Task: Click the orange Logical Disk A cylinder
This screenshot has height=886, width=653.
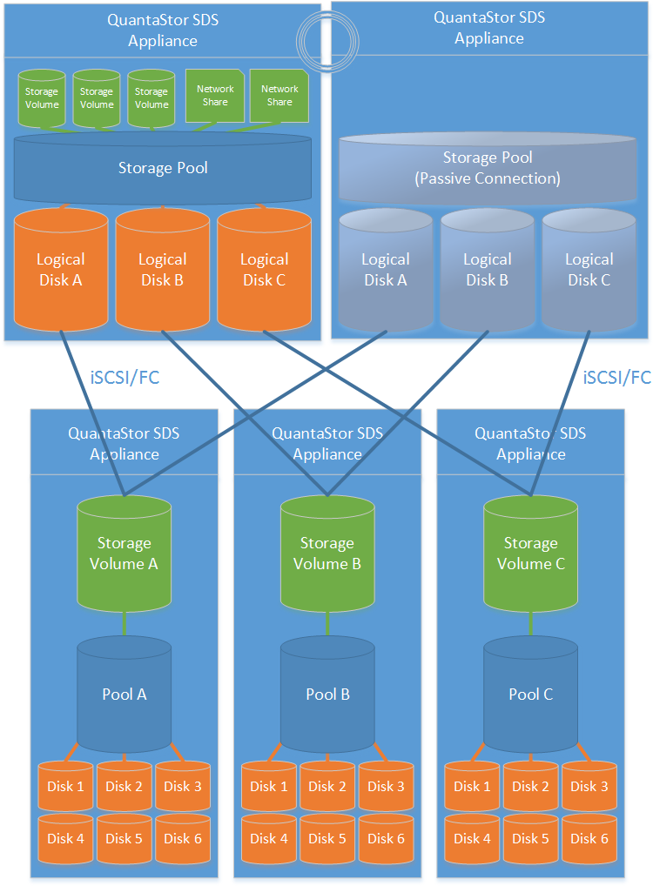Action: tap(61, 270)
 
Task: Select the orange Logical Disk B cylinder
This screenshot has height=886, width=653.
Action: tap(163, 270)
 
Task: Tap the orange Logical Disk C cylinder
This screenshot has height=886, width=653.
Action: tap(264, 270)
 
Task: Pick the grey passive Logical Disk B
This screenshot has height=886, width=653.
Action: tap(487, 270)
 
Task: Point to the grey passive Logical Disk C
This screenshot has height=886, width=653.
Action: tap(589, 270)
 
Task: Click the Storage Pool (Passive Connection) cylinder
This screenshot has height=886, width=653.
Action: tap(488, 168)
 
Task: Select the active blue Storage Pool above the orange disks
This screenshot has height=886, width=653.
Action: tap(163, 167)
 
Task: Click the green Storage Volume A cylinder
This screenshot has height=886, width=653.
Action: tap(124, 554)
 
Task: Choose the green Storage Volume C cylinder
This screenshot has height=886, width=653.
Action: tap(530, 554)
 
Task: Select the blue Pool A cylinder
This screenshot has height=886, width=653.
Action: tap(124, 694)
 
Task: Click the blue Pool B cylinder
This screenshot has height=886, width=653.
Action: tap(327, 694)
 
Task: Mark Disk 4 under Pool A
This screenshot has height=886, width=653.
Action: tap(66, 838)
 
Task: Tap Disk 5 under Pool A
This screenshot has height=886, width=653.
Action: tap(124, 838)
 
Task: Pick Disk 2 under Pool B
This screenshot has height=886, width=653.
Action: tap(327, 786)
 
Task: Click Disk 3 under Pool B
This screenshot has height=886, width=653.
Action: tap(386, 786)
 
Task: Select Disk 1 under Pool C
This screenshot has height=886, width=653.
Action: tap(472, 786)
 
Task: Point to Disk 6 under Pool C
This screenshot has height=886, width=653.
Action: tap(589, 838)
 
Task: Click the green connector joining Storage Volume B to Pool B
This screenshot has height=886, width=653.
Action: tap(327, 623)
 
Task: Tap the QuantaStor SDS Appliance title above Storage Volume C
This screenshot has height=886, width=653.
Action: tap(530, 443)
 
